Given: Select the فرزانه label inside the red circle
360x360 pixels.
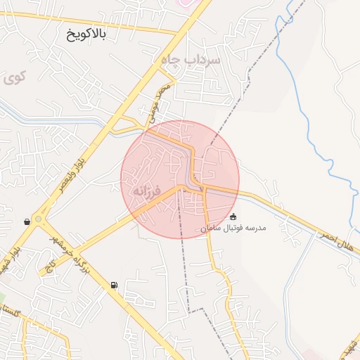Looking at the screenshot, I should pyautogui.click(x=147, y=191).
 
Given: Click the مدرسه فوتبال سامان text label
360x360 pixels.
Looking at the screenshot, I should pyautogui.click(x=233, y=229).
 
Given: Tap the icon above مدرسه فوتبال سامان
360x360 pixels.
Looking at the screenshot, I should pyautogui.click(x=233, y=217).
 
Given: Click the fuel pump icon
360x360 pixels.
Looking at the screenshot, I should pyautogui.click(x=114, y=285).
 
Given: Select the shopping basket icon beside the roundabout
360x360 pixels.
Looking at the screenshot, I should pyautogui.click(x=27, y=221).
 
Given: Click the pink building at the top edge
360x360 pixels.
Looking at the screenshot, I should pyautogui.click(x=184, y=3).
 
